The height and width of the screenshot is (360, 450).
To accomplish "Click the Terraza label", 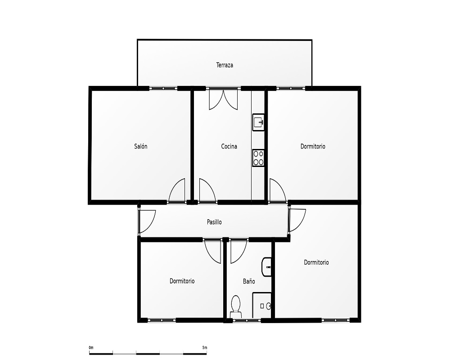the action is coord(225,65).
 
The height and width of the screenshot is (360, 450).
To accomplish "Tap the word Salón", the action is coord(140,146).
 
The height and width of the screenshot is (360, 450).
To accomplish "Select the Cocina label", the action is coord(229,146).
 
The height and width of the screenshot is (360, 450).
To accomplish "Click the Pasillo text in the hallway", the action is coord(214,222).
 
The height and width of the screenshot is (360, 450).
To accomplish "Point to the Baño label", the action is coord(249,281).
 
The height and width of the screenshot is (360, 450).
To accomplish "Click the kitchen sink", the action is coord(258,122).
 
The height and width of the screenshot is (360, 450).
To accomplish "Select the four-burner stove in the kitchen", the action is coord(258,158).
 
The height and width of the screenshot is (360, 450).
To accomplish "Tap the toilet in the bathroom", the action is coord(236,306).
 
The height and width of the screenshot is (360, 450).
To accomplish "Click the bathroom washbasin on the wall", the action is coord(266,267).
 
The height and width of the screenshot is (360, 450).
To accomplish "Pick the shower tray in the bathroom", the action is coord(262,305).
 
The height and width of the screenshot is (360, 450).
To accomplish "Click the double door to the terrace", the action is coord(223,99).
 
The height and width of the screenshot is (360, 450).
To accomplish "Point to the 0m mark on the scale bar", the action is coord(91,348).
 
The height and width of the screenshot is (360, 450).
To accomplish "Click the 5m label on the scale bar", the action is coord(205,348).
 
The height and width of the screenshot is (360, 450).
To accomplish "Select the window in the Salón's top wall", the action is coord(163,88).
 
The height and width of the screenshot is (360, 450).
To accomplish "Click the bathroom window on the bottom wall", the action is coord(247,320).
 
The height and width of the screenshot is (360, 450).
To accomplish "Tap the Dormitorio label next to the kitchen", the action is coord(313,146).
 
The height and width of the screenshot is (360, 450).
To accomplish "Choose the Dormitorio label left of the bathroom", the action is coord(182,281).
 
